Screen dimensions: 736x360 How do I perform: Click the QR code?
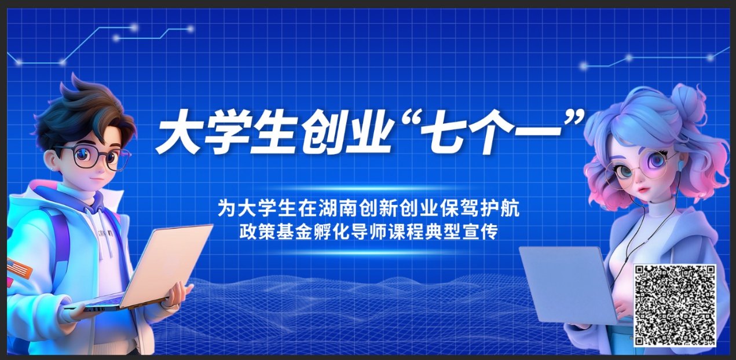pos(675,306)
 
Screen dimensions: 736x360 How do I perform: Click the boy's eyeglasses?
pos(94,157)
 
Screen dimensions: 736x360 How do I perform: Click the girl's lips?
pos(643,190)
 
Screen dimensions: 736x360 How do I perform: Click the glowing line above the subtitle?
pos(369,189)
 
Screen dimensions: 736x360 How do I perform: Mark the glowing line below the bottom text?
pos(369,252)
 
